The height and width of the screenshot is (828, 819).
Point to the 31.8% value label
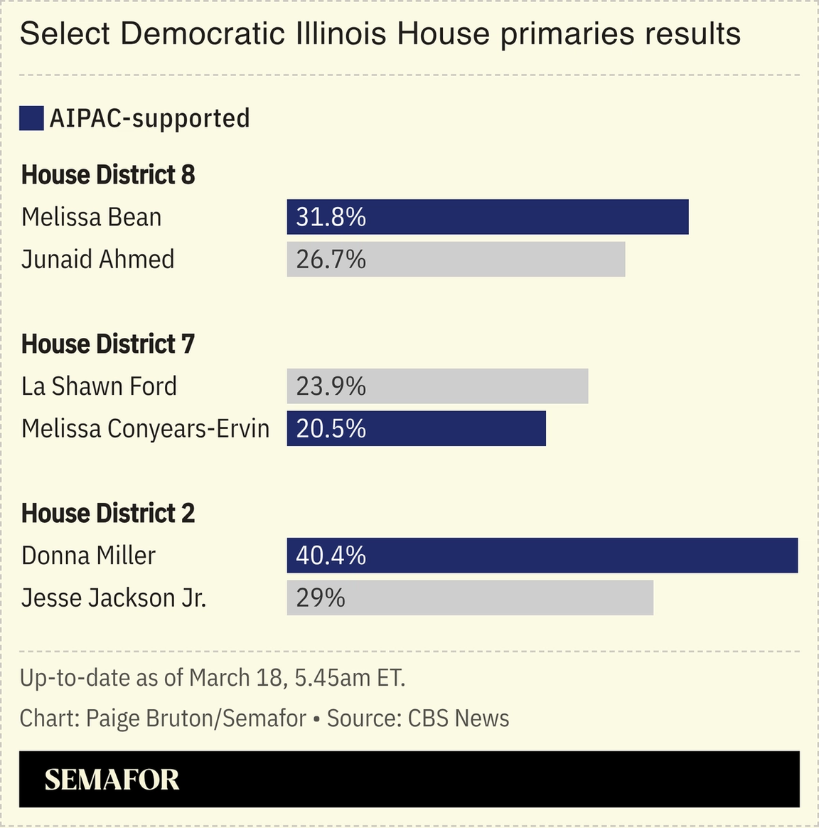pos(331,217)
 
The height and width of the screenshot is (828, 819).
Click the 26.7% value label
pos(331,260)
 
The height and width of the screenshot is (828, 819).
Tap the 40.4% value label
pos(331,556)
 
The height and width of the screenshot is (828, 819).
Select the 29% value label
pos(320,598)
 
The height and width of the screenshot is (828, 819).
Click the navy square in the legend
pos(31,118)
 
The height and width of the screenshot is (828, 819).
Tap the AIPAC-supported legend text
pos(149,118)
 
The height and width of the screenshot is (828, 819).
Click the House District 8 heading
pos(108,175)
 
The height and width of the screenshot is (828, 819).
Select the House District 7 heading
pos(108,344)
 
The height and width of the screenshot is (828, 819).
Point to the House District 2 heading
pos(108,514)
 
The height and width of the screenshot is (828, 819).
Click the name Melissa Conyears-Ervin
pos(145,429)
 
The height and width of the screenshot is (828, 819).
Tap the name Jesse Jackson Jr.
pos(114,598)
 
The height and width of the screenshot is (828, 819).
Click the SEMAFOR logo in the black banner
pos(112,780)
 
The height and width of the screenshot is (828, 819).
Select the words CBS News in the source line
pos(458,718)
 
